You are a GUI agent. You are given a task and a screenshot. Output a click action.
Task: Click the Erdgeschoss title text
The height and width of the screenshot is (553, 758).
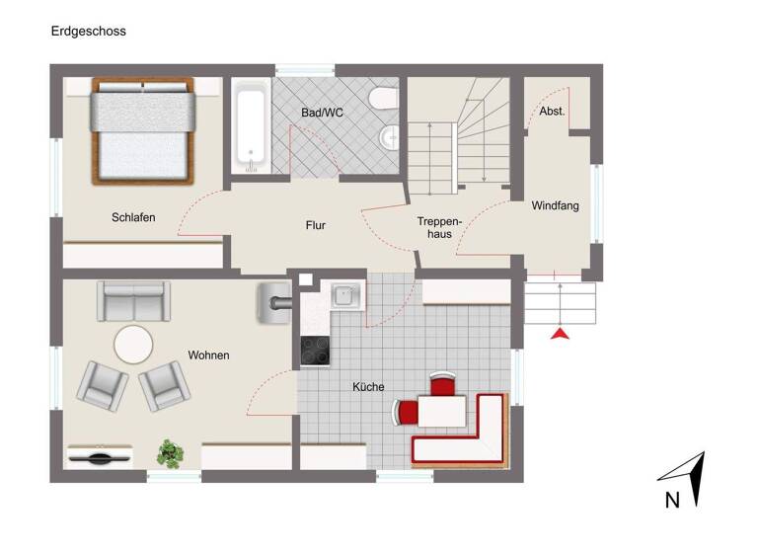pos(88,31)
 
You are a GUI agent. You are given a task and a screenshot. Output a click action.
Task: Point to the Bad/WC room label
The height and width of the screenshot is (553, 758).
pos(322,113)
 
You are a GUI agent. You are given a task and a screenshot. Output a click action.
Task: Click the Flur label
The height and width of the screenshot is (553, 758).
pos(315,225)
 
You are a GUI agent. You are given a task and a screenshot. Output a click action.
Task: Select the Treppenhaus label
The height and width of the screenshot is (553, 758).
pos(434,228)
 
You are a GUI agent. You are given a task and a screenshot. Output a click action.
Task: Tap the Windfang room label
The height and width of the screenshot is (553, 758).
pos(555,206)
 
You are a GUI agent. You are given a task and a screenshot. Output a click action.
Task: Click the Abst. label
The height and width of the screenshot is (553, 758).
pos(552,112)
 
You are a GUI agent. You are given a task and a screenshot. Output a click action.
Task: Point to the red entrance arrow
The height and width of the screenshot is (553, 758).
pos(561,334)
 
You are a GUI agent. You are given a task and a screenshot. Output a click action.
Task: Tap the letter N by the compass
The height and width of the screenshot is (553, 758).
pos(671,501)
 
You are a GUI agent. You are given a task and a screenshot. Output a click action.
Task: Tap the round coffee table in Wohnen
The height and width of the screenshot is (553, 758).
pos(133,346)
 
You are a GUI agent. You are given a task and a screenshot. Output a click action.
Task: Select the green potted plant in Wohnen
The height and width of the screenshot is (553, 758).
pos(171,453)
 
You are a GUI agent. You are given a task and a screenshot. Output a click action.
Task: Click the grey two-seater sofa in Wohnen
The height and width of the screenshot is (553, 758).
pos(133,300)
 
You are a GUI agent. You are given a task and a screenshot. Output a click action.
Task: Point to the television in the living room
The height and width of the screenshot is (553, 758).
pos(100,457)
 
